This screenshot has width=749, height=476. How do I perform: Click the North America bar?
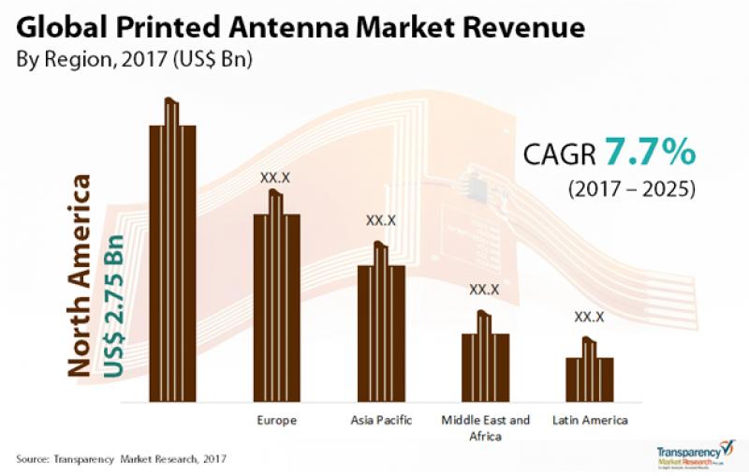tap(172, 262)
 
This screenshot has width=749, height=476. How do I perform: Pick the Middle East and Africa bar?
tap(485, 365)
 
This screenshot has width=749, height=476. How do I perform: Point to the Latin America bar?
tap(589, 378)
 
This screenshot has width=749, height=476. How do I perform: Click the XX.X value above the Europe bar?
tap(276, 176)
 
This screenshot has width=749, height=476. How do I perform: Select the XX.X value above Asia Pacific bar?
tap(381, 221)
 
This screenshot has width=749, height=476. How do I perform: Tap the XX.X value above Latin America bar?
tap(589, 318)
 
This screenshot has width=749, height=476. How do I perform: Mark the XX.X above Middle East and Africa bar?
tap(485, 290)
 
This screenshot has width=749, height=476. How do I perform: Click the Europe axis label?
tap(276, 421)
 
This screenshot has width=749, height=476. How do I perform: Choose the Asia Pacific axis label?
tap(381, 421)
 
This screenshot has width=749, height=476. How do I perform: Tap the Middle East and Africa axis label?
tap(486, 427)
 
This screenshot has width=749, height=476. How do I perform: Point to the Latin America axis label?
tap(589, 421)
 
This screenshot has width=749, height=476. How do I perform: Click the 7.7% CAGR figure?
tap(650, 150)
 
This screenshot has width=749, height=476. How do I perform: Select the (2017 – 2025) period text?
tap(631, 188)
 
